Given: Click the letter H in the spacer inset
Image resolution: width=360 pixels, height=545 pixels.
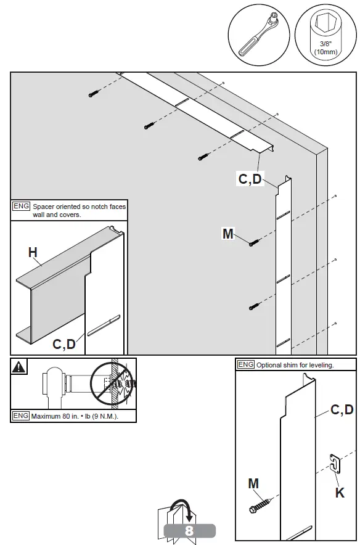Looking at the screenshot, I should coord(33,252).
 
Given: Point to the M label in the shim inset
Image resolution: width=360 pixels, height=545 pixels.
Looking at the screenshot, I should coord(253,484).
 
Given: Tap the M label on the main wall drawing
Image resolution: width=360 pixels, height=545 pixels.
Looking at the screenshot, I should coord(227,234).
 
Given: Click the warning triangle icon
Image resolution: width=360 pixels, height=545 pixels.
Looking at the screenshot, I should coord(20,367).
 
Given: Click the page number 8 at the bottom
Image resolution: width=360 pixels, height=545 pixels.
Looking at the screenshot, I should coord(189,531).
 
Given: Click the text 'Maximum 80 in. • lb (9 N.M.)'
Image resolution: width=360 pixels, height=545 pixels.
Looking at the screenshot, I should coord(74,416).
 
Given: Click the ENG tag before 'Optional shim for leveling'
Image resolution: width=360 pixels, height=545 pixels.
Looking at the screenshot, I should coord(246,364).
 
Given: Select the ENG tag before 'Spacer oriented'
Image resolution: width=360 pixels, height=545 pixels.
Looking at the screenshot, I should coord(21,207).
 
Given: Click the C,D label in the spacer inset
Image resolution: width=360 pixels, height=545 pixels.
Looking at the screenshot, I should coord(64,344).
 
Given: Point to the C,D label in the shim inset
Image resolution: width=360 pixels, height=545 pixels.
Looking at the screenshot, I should coord(342,409).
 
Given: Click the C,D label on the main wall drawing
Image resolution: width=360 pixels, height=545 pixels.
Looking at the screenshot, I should coord(250,179).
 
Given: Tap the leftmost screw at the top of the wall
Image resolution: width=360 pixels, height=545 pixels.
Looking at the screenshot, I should coord(93,94).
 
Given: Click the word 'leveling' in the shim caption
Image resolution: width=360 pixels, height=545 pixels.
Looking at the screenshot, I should coord(320,365).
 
